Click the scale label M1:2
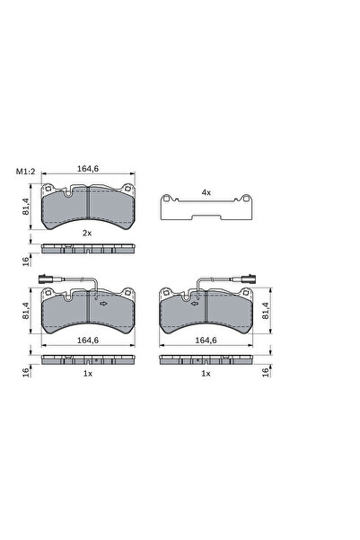click(25, 171)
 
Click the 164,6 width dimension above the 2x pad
click(88, 169)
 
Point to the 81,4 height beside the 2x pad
click(26, 207)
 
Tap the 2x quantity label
click(87, 233)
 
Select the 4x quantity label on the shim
click(206, 193)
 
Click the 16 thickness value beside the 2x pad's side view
click(26, 261)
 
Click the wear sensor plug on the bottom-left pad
click(45, 279)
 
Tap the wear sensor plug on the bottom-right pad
click(249, 279)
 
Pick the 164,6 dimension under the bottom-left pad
click(88, 341)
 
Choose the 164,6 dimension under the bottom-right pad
click(206, 341)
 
